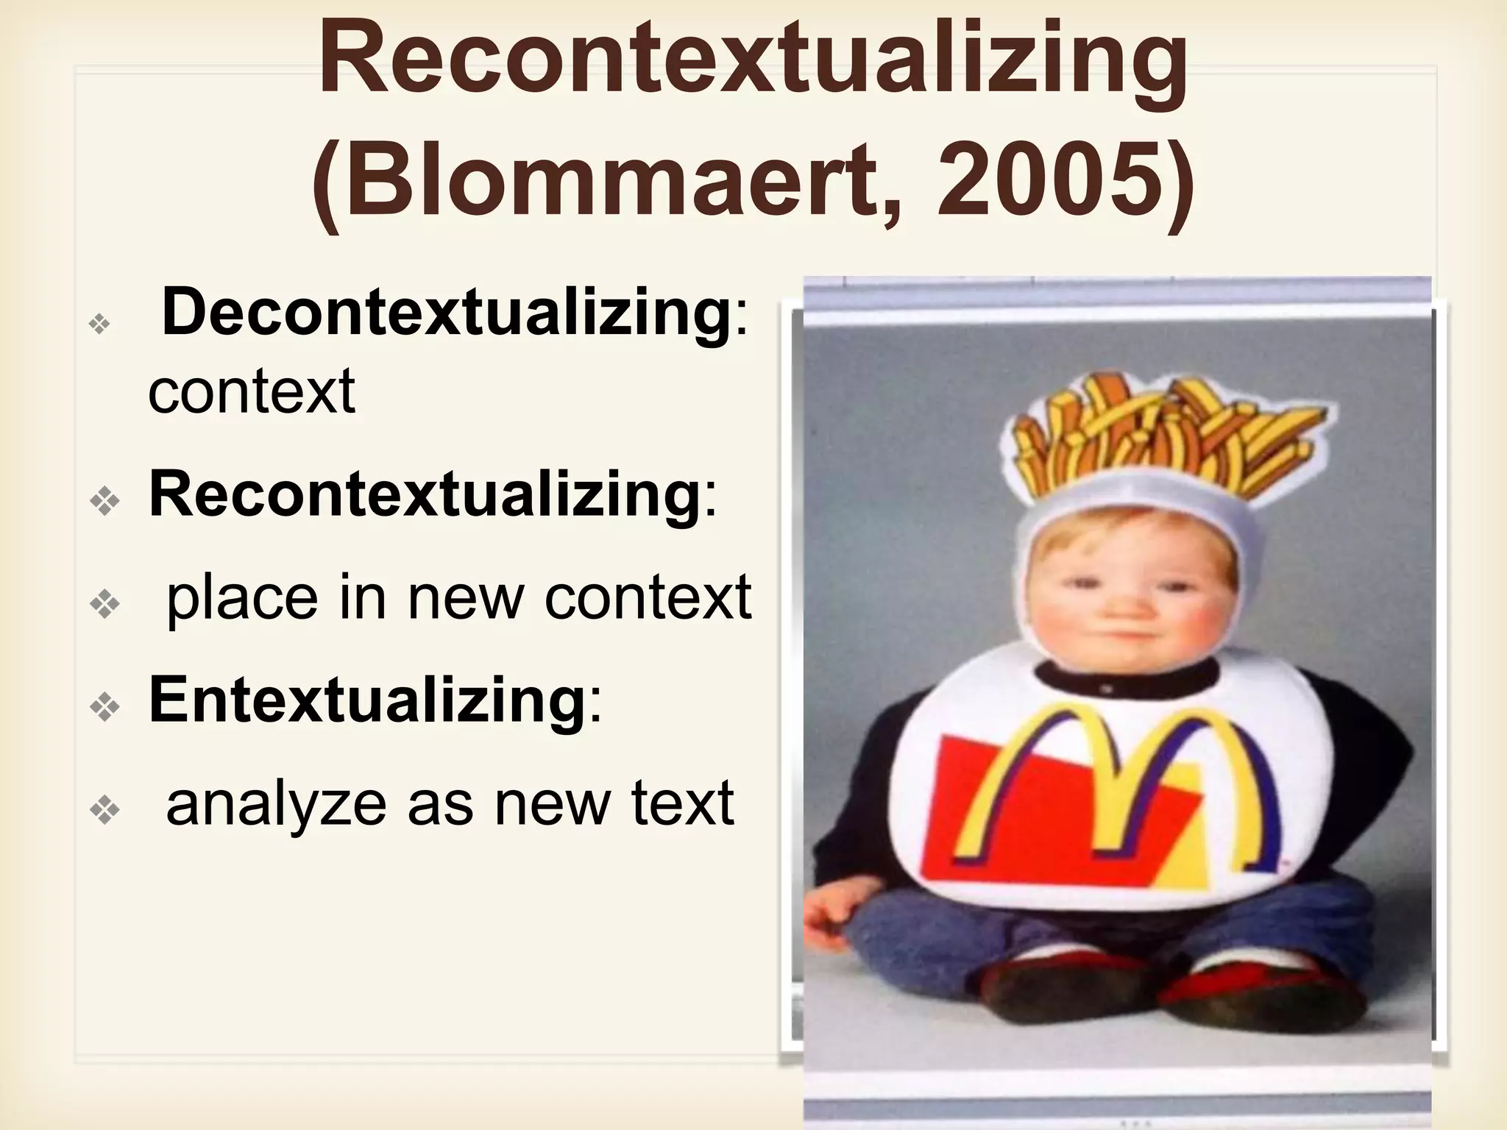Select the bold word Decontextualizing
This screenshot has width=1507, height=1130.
(x=446, y=313)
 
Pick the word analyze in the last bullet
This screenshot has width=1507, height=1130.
(x=276, y=803)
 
